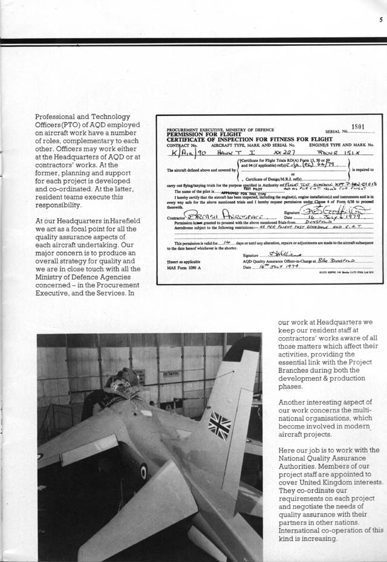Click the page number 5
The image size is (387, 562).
click(381, 19)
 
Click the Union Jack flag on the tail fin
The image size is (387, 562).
click(220, 425)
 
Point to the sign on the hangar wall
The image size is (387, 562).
click(171, 373)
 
